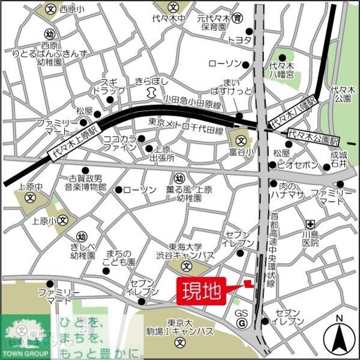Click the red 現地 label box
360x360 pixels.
201,292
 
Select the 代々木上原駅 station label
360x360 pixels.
73,144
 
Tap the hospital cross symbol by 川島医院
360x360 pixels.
310,223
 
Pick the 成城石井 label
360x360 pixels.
338,159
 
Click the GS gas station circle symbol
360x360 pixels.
241,324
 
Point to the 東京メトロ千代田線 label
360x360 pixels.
186,131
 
